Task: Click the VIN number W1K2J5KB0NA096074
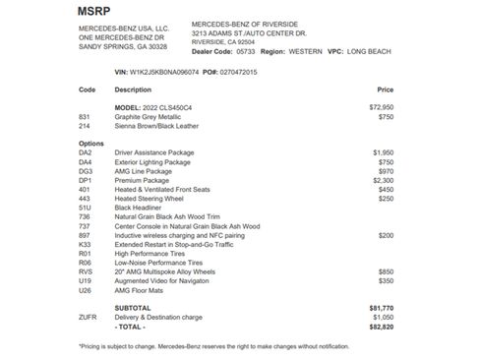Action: [x=164, y=72]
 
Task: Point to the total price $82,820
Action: [x=382, y=327]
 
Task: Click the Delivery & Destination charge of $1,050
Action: [x=382, y=318]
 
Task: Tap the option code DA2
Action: [x=86, y=153]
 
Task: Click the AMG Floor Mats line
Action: [x=141, y=290]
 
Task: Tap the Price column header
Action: [x=386, y=90]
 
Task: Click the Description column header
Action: [x=134, y=90]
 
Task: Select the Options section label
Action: [x=90, y=144]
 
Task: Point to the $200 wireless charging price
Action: [x=386, y=235]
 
